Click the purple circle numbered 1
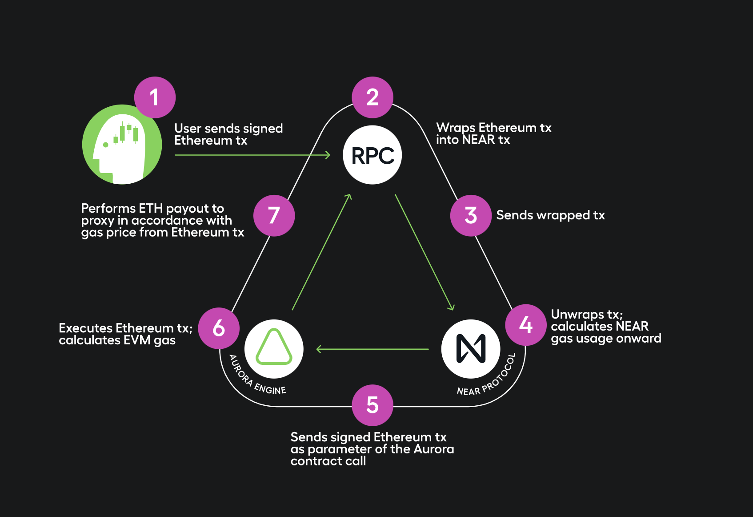click(155, 97)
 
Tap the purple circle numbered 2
click(372, 97)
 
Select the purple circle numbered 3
click(471, 216)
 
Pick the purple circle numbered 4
click(526, 325)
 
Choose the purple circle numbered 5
click(372, 405)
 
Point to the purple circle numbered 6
click(219, 328)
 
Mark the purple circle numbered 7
click(274, 216)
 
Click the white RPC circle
click(372, 155)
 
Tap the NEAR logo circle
click(471, 349)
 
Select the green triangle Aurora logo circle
click(274, 349)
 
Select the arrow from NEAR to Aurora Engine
click(372, 349)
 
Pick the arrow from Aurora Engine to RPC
click(321, 252)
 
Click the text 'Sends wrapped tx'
click(550, 215)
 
